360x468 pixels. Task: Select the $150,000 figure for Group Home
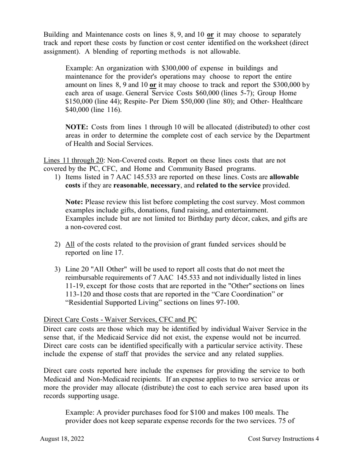[x=78, y=101]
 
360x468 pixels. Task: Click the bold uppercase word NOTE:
[x=77, y=127]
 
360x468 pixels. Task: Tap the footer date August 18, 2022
[x=62, y=439]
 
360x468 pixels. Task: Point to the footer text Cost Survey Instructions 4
[x=283, y=439]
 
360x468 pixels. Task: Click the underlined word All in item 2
[x=70, y=244]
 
